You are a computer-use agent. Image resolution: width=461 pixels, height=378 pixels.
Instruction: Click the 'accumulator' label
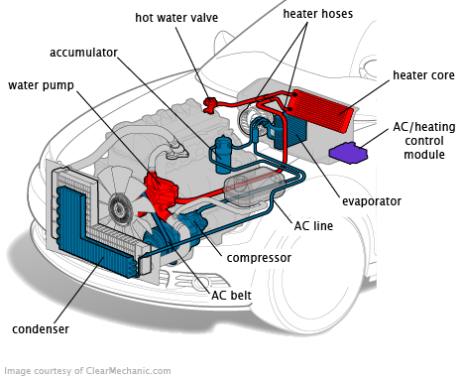click(x=84, y=52)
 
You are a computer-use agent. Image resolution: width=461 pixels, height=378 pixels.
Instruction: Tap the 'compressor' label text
click(x=258, y=258)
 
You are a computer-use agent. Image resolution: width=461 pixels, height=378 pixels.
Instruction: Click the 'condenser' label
click(x=42, y=328)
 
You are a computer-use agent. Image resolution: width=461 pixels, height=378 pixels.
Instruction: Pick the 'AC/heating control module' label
click(x=417, y=141)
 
